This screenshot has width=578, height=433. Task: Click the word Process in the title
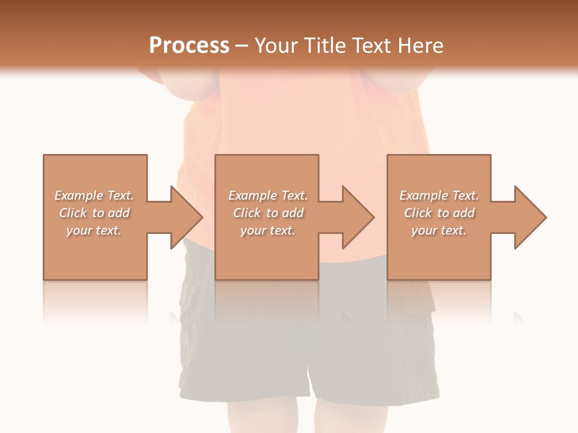pyautogui.click(x=189, y=46)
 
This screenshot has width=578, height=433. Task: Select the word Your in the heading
pyautogui.click(x=276, y=46)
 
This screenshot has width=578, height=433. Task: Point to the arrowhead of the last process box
pyautogui.click(x=530, y=217)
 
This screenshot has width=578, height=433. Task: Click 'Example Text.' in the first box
pyautogui.click(x=95, y=195)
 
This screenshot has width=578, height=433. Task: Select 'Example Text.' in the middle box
pyautogui.click(x=268, y=195)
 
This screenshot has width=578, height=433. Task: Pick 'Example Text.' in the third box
pyautogui.click(x=439, y=195)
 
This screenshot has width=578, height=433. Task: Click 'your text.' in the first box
pyautogui.click(x=94, y=230)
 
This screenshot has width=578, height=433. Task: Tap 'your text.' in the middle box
pyautogui.click(x=268, y=230)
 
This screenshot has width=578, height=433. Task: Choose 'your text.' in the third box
pyautogui.click(x=439, y=230)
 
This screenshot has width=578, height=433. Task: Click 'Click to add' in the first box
pyautogui.click(x=95, y=213)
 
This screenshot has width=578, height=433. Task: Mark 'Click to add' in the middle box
pyautogui.click(x=268, y=213)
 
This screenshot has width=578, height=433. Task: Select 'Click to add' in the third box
pyautogui.click(x=439, y=213)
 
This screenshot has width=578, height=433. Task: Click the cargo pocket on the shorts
pyautogui.click(x=418, y=337)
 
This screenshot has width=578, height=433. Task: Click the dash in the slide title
pyautogui.click(x=242, y=46)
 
